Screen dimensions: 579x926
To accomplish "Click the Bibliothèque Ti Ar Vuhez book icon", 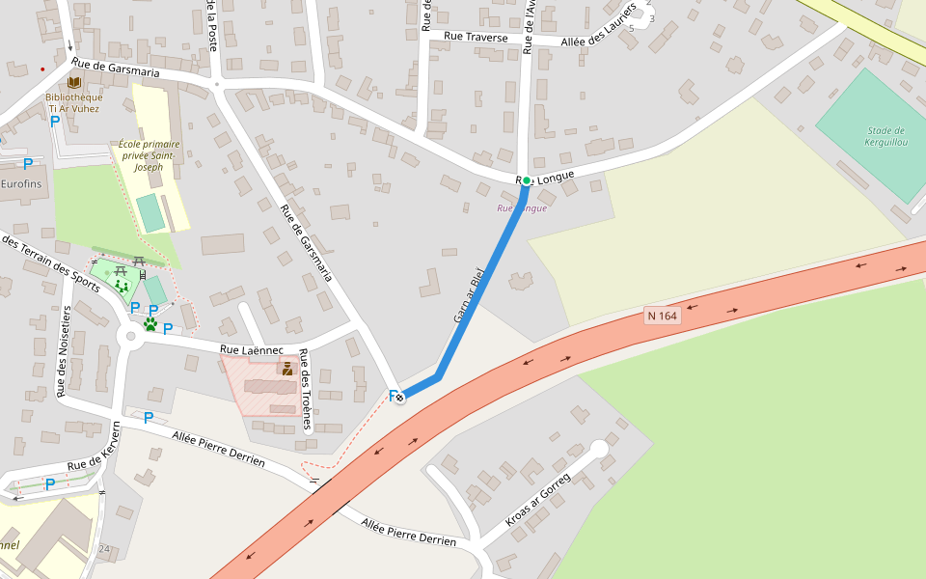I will (x=74, y=82).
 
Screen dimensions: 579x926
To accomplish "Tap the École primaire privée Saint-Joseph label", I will (x=150, y=155).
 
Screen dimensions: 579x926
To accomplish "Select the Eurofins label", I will (x=21, y=183).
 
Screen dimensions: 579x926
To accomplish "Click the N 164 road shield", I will (x=663, y=316).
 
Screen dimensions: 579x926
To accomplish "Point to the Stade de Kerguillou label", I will (x=885, y=137).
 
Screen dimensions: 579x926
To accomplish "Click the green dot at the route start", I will (x=527, y=180).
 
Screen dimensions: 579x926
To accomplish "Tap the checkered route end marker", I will (x=399, y=397).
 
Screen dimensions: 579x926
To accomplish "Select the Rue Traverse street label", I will (x=476, y=37).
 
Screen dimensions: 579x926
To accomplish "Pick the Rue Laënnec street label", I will (x=252, y=350).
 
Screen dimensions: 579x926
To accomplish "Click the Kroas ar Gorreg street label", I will (x=538, y=500).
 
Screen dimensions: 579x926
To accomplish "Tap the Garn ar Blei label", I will (x=467, y=295).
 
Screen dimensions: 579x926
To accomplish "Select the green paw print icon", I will (x=150, y=324).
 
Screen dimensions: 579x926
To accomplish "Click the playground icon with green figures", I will (x=122, y=286).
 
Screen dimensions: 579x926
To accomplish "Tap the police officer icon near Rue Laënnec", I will (x=286, y=368).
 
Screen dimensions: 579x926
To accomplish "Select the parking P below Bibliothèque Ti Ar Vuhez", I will (x=55, y=122).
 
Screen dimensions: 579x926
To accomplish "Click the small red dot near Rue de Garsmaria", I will (x=42, y=69).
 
